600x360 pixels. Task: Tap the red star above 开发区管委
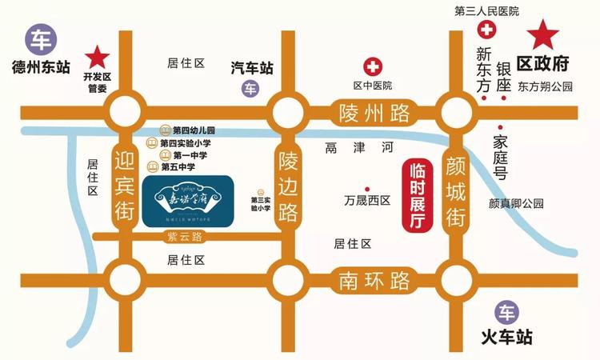[x=98, y=56]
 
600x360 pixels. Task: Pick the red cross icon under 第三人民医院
[x=486, y=31]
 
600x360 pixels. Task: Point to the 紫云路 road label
[x=184, y=236]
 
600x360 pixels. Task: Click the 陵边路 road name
[x=287, y=187]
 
